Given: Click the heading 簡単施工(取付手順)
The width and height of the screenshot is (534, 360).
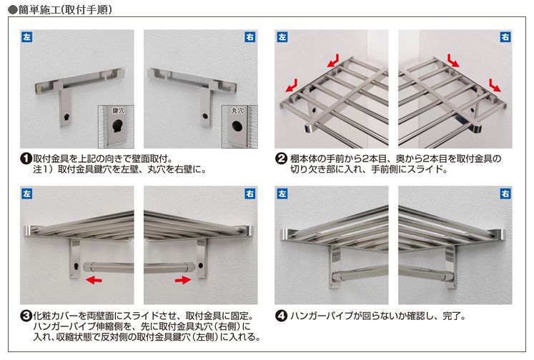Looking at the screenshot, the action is point(65,9).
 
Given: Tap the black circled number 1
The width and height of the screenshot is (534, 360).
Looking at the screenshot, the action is point(26,159).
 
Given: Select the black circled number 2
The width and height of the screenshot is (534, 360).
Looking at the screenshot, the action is point(281,159).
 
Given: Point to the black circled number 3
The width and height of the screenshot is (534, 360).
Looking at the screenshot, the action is point(26,316).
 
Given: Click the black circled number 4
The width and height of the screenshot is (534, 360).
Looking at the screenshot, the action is point(281,316).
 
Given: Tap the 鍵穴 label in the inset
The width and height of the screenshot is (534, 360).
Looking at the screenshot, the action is point(119,111).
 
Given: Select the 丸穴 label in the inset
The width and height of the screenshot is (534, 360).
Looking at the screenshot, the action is point(238,111).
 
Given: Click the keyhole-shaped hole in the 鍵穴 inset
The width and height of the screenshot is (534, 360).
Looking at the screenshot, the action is point(118,126).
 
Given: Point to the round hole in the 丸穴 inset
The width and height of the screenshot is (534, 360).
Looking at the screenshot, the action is point(237,126).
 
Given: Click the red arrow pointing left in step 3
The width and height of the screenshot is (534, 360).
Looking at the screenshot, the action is point(94,280).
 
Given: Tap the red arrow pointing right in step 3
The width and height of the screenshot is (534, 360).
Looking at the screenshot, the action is point(183,280).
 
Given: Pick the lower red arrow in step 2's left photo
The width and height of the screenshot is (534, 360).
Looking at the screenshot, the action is point(292,86).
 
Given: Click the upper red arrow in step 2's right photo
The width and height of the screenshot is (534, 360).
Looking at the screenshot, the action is point(454,60).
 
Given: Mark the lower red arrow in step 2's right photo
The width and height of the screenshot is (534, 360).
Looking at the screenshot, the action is point(495,85).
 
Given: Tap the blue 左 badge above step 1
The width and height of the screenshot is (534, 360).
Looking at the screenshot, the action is point(27,36).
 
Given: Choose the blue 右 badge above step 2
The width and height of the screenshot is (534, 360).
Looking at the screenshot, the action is point(505,36).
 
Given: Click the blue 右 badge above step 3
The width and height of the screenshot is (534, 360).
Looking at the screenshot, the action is point(250,194).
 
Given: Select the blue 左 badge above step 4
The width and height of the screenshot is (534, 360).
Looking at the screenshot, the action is point(282,194).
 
